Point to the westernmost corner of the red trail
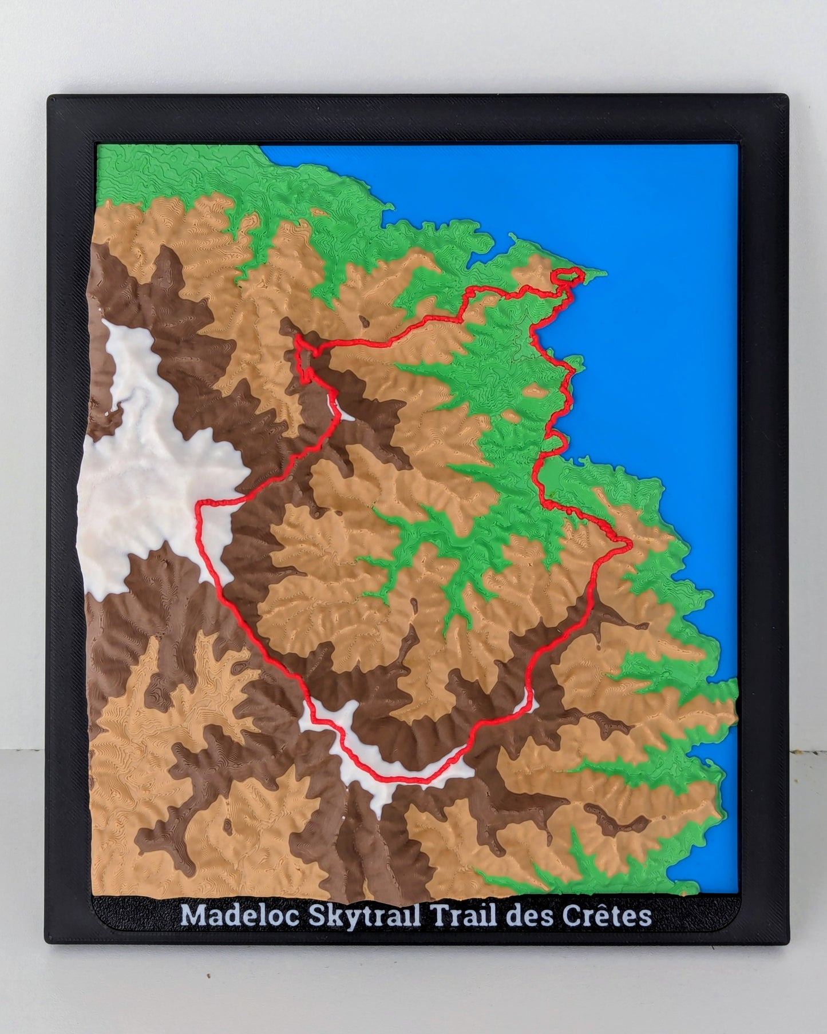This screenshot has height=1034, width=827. pos(198,506)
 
